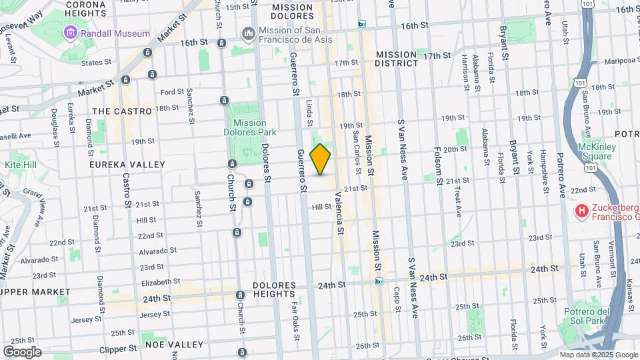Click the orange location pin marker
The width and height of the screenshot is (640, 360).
320,159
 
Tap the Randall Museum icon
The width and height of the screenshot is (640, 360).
70,33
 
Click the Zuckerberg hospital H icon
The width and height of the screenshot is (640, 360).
582,211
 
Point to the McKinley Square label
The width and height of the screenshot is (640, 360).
595,152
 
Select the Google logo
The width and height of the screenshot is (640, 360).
22,352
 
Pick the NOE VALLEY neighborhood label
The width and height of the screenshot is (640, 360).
176,345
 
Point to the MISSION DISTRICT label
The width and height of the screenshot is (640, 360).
397,59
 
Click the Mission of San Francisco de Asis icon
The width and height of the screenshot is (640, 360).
249,33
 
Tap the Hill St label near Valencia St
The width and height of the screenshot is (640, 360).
321,207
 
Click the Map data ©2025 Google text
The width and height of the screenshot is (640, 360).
598,355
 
